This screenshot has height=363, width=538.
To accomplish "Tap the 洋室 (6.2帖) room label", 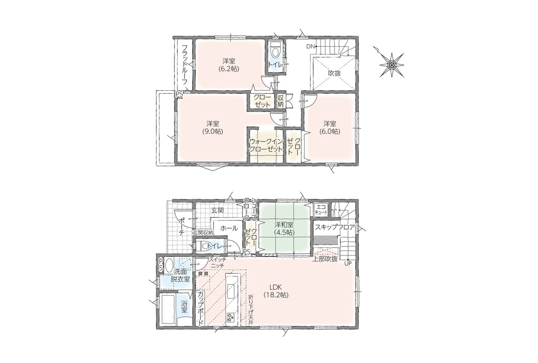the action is tap(229, 65).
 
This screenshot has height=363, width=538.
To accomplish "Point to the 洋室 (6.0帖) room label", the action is tap(330, 128).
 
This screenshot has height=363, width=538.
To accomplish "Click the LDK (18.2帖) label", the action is tap(276, 291).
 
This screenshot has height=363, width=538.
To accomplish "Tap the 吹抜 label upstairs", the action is tap(334, 73).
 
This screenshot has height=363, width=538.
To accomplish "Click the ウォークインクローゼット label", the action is tap(266, 145).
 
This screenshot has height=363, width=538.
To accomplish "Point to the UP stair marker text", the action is tap(348, 264).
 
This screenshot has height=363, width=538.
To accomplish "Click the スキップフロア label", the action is tap(334, 227).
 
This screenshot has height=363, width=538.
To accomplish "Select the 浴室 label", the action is tap(184, 307).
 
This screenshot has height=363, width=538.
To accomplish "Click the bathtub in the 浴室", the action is tap(168, 309).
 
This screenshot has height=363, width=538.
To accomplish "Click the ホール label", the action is tap(229, 228).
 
